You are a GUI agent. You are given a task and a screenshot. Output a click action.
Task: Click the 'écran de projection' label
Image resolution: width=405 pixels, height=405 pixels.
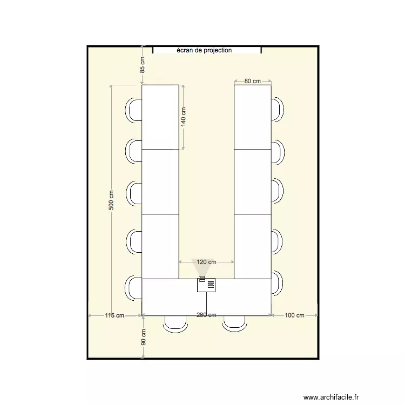(204, 50)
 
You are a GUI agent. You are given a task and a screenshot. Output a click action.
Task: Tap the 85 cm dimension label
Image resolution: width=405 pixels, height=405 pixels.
(143, 65)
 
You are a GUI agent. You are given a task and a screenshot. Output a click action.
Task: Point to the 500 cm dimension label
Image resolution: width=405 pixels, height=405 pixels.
(111, 200)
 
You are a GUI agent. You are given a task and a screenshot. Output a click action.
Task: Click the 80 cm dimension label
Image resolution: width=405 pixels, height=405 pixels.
(252, 81)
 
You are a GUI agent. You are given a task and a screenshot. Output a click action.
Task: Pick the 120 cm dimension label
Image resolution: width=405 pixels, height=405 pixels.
(206, 262)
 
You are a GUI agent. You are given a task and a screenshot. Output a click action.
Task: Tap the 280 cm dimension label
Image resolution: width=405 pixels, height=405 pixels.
(206, 315)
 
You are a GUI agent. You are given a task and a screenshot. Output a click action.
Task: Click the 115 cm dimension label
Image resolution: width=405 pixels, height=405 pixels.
(114, 315)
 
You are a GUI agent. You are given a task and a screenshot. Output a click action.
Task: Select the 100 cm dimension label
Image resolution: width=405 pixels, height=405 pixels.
(294, 315)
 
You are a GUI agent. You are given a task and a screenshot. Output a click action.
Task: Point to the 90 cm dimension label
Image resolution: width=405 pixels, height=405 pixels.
(143, 337)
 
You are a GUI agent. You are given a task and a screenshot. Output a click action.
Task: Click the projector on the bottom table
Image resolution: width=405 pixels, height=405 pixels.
(206, 285)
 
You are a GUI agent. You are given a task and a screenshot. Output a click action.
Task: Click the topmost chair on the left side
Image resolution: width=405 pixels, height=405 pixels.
(134, 110)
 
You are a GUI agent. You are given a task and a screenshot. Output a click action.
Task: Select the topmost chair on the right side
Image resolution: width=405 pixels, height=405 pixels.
(278, 110)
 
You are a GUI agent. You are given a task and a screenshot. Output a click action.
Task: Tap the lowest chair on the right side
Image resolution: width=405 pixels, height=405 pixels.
(278, 283)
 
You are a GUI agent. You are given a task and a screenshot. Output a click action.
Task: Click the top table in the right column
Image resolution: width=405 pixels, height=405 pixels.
(252, 117)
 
